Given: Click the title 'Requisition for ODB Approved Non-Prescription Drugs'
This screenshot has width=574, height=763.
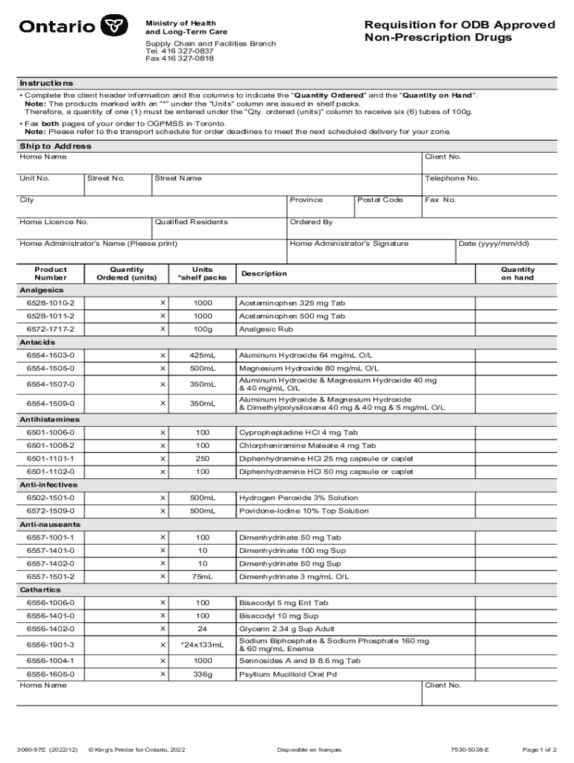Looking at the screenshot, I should (459, 31).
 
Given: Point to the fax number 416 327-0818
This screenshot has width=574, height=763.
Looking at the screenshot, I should (179, 58).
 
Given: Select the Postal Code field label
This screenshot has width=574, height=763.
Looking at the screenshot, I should (380, 200).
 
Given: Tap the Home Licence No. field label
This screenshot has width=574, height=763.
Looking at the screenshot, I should (54, 222).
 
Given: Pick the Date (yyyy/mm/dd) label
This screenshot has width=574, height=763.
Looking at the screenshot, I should (493, 244).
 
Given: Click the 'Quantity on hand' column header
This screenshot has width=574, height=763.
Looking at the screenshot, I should (517, 273).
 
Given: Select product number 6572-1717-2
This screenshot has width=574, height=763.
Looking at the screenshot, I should (51, 329).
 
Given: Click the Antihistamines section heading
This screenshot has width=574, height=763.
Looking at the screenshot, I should (49, 420).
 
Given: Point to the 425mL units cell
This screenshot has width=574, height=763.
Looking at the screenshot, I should (202, 355).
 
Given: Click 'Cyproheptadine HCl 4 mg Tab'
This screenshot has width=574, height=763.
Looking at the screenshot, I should (298, 433).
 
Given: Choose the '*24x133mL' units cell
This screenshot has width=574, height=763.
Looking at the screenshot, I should (202, 645).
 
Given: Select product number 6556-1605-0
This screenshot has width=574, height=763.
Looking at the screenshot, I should (51, 674).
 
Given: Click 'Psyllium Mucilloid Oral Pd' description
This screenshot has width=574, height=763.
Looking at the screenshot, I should (288, 674).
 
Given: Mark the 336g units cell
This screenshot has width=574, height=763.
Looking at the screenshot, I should (202, 674).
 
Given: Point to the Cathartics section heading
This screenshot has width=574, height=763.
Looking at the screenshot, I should (41, 589).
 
